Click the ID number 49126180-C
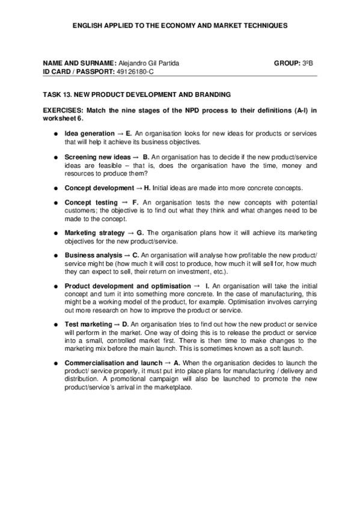136,71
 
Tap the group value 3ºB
308,63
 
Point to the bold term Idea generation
89,133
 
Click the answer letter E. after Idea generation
129,133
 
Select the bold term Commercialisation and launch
113,363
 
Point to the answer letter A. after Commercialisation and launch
177,363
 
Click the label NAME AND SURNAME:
79,63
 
